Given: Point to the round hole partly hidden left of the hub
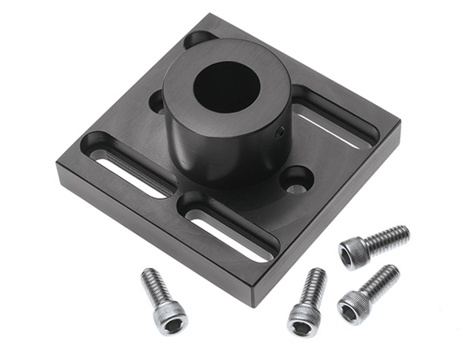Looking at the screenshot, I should [x=157, y=102].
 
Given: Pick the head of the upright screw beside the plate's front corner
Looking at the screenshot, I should [x=302, y=317].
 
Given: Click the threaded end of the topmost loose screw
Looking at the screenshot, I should [x=389, y=237].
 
